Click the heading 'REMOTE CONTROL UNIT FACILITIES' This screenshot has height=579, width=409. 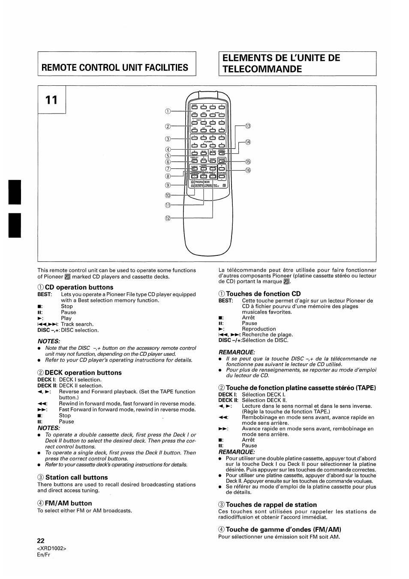[115, 67]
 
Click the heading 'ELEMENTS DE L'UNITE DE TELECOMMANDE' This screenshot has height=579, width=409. [281, 63]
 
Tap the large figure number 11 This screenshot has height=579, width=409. [51, 100]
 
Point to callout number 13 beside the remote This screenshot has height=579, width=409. [247, 126]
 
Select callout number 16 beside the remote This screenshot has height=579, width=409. [247, 170]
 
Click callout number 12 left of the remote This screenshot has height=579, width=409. [168, 218]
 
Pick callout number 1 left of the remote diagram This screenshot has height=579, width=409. [168, 111]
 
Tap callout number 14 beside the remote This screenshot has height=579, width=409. [247, 142]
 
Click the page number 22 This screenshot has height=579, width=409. [41, 541]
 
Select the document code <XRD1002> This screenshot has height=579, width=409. [52, 548]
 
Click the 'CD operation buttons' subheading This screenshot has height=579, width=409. [79, 287]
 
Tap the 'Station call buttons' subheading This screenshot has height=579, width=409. [76, 477]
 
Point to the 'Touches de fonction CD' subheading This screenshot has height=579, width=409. [263, 294]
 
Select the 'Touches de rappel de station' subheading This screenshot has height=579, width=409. [271, 504]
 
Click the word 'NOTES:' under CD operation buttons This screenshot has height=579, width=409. [48, 341]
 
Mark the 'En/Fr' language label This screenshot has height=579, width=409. [44, 554]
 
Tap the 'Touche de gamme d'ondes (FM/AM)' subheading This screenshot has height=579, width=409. [283, 529]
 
